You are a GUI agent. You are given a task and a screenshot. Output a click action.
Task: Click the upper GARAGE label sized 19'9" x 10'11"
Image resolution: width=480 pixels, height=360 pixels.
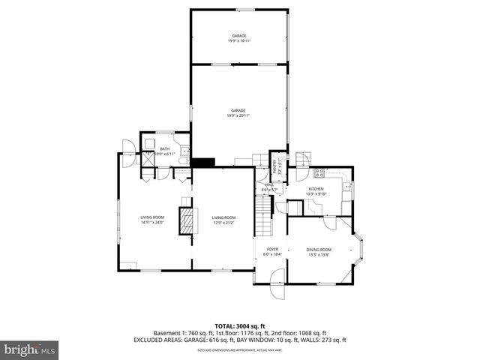pos(238,38)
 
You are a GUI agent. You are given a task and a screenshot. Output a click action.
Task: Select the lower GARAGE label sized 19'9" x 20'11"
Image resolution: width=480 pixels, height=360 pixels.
pos(238,112)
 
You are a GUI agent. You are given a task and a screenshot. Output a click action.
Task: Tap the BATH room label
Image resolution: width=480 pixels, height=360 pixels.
pos(165,151)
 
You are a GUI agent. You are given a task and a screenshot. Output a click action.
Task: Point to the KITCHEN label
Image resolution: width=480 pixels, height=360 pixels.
pos(316,191)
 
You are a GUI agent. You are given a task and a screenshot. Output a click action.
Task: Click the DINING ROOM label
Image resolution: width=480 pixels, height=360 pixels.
pos(319,252)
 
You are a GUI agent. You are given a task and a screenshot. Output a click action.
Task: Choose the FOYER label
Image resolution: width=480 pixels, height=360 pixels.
pos(271,252)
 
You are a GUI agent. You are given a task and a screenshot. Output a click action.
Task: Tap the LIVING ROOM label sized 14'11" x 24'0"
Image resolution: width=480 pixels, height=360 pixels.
pos(152,220)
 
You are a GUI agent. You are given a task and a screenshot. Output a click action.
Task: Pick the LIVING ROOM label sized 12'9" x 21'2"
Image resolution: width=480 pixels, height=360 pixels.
pos(223,220)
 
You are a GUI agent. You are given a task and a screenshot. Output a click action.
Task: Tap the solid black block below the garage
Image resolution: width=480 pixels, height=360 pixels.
pos(202,161)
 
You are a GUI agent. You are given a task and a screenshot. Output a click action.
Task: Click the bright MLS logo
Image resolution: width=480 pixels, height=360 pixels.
pos(30,349)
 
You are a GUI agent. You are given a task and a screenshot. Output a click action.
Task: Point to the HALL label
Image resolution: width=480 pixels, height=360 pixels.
pos(268,187)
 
